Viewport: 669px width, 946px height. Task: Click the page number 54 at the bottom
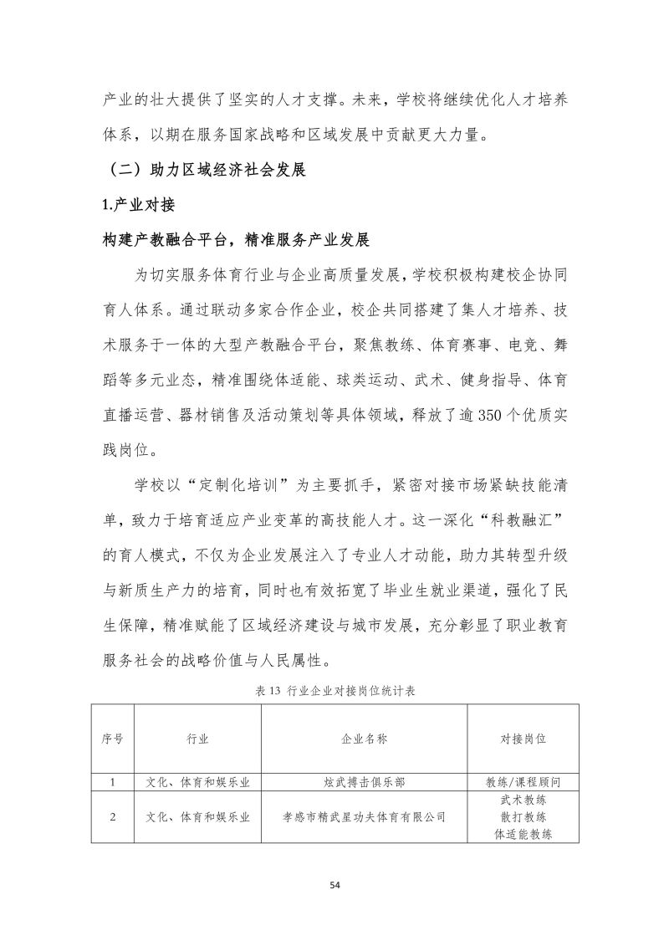(x=334, y=884)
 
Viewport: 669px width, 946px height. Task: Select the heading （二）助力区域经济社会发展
(x=204, y=171)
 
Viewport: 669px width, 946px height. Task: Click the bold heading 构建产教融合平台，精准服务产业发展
(x=235, y=241)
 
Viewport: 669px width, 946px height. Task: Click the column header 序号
(x=113, y=739)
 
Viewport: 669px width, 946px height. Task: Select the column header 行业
(x=198, y=739)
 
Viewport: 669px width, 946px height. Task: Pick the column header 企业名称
(x=365, y=739)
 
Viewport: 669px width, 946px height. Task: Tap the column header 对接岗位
(x=523, y=739)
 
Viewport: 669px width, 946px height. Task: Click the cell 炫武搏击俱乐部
(x=365, y=783)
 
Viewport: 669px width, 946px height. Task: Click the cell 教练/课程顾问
(x=523, y=783)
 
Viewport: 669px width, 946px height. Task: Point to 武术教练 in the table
(x=523, y=800)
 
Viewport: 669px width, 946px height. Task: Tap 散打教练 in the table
(x=523, y=817)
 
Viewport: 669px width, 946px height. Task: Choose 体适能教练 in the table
(x=523, y=834)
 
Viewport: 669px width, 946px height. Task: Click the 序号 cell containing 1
(x=113, y=783)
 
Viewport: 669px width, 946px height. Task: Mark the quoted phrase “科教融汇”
(x=523, y=519)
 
